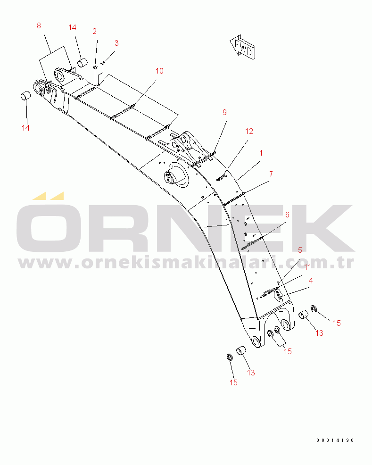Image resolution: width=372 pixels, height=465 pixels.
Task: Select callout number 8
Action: coord(39,26)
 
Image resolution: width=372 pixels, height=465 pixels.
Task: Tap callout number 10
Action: coord(159,71)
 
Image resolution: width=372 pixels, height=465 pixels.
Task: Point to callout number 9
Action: coord(225,112)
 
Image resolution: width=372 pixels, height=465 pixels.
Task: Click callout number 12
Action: coord(249,132)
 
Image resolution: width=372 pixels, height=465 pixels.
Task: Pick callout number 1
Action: coord(261,153)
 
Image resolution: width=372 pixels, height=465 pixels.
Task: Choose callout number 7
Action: coord(271,174)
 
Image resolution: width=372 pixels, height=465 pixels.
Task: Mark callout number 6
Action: coord(287,215)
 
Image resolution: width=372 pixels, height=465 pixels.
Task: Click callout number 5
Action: coord(300,250)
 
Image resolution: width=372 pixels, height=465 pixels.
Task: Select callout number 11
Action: coord(308,267)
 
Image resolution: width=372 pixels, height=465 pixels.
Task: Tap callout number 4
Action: coord(311,281)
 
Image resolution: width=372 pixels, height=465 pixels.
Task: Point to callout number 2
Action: coord(95,31)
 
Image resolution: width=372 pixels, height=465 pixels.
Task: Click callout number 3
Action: coord(116,43)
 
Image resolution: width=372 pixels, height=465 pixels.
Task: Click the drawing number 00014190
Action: coord(335,440)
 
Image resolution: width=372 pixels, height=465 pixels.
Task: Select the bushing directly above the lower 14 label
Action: coord(25,96)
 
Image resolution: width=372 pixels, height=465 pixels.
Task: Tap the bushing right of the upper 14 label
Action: coord(83,63)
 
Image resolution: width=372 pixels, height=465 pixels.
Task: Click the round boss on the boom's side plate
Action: coord(176,175)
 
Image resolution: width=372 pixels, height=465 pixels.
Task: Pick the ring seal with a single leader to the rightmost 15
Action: coord(314,308)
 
